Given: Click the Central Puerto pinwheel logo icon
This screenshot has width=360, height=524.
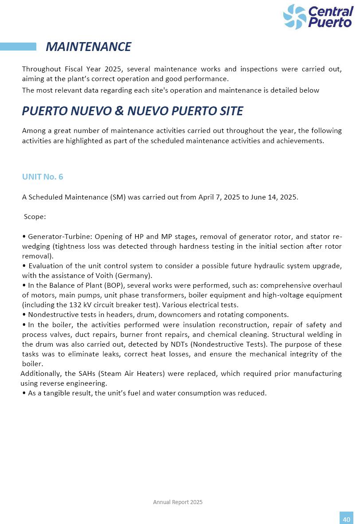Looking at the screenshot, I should point(295,17).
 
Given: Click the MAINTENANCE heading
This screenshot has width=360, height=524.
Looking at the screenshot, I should point(88,47).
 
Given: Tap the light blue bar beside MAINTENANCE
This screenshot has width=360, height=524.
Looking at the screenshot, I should point(18,47).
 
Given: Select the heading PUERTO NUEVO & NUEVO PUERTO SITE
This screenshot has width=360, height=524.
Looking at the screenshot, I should point(132,111).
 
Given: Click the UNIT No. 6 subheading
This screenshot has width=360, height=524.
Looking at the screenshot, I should point(43,177).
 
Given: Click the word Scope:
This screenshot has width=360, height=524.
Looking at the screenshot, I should point(35,217).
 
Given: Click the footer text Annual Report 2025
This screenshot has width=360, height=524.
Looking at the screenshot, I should point(178,502).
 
